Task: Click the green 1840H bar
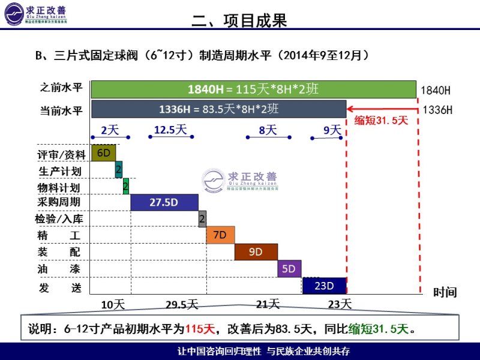point(253,89)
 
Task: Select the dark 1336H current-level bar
point(218,109)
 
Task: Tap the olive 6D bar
point(103,153)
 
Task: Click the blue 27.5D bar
point(164,202)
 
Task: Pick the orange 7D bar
point(220,235)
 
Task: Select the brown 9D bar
point(256,251)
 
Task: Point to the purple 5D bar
point(289,268)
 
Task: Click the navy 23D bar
point(324,285)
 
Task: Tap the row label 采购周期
point(59,202)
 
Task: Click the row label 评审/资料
point(62,155)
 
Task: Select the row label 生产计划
point(59,172)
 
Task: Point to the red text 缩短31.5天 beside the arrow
point(381,119)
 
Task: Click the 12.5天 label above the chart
point(171,129)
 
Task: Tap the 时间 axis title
point(445,292)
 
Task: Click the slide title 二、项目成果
point(239,21)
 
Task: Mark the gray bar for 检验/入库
point(202,218)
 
